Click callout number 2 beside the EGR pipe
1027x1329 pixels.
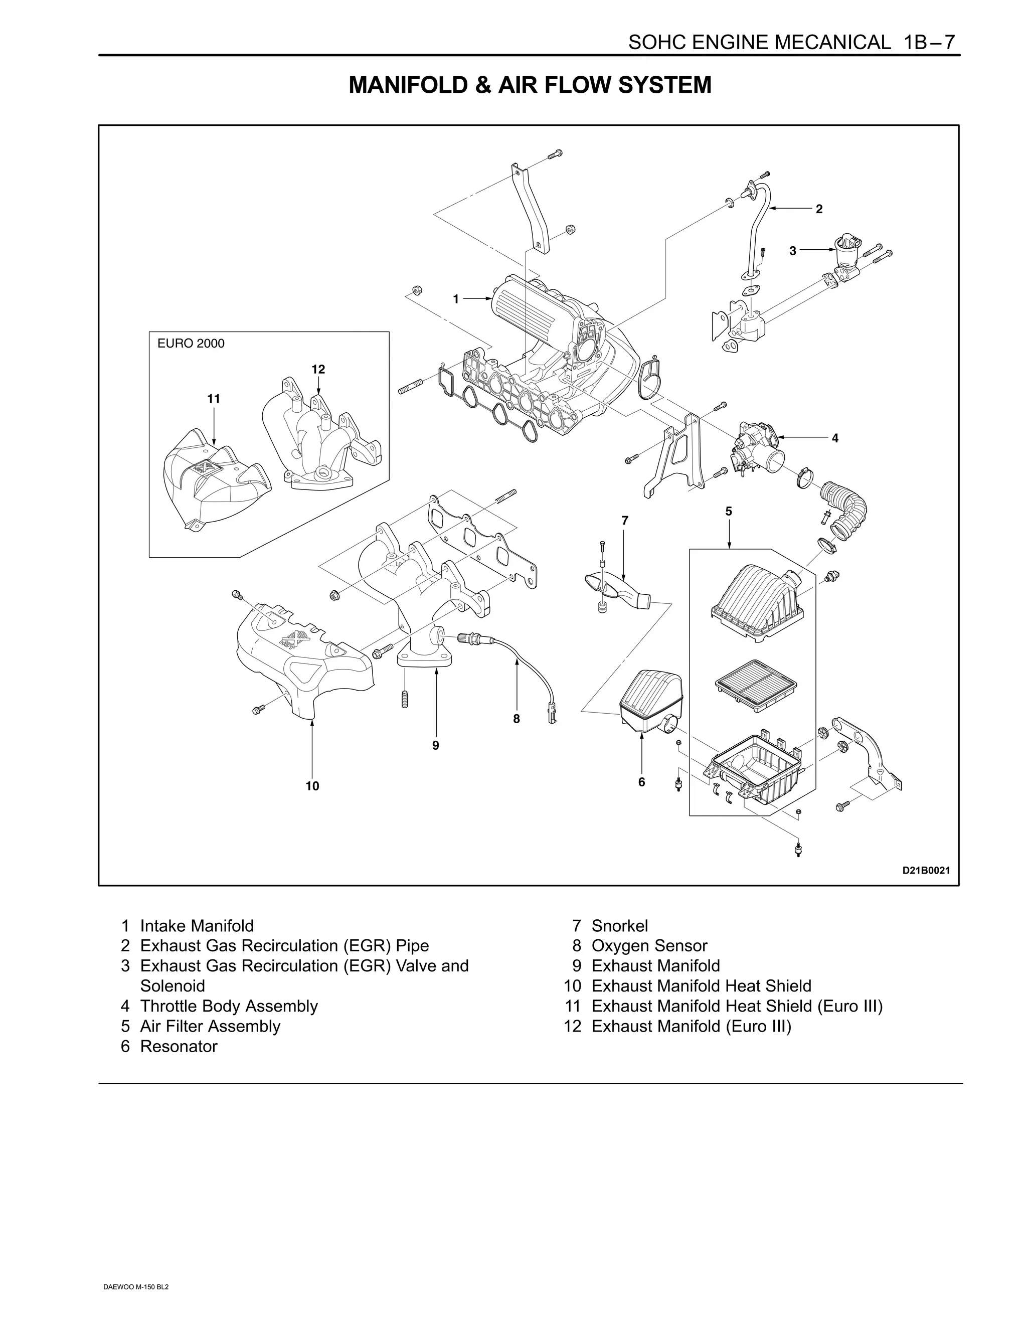coord(819,209)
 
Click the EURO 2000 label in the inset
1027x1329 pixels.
coord(191,343)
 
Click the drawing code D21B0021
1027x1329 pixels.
coord(925,871)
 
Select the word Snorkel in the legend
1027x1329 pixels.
coord(619,926)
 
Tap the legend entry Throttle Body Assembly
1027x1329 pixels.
coord(229,1006)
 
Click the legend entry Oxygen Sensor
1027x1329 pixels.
coord(649,946)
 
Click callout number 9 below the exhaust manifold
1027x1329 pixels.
coord(436,745)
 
